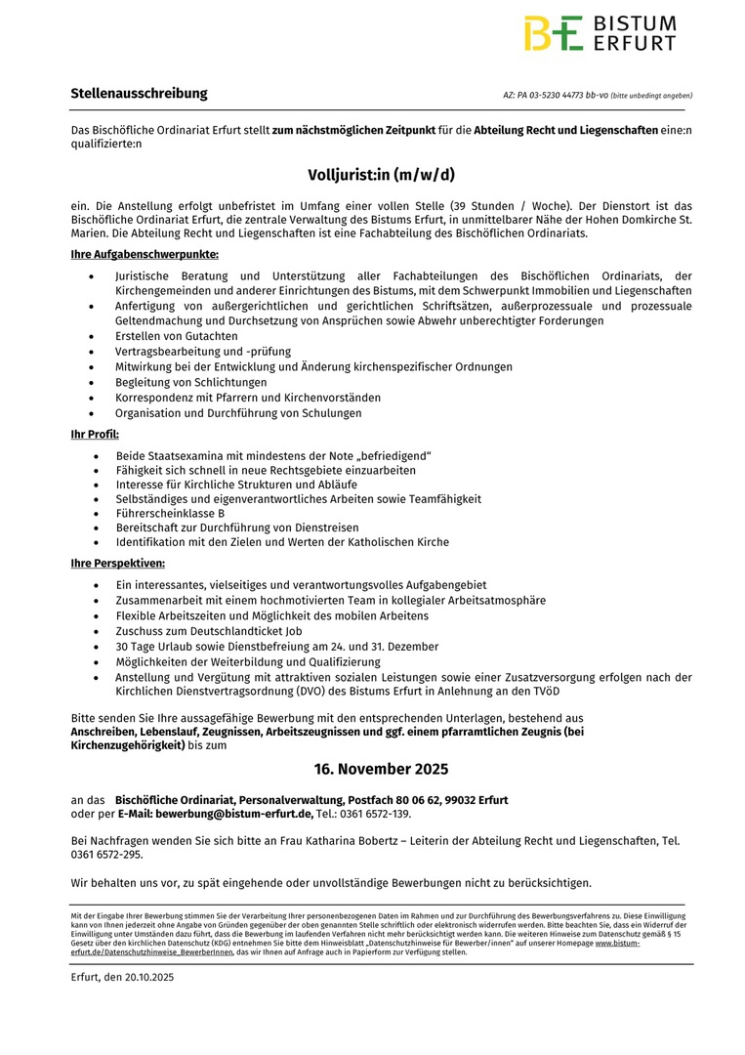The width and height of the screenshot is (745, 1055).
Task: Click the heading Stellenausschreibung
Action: point(139,94)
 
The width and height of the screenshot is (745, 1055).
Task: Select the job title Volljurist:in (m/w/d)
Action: point(382,176)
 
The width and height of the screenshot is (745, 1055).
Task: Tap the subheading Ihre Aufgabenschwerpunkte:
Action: point(145,254)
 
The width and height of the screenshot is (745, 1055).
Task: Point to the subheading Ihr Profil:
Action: point(95,433)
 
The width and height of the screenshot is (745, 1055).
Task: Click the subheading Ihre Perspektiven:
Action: point(117,563)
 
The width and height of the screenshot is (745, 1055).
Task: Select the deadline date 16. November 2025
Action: point(382,770)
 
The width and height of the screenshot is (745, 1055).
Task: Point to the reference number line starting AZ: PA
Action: point(598,96)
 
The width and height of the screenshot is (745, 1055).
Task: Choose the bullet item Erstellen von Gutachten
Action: point(176,336)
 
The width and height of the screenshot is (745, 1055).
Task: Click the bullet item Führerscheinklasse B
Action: point(170,513)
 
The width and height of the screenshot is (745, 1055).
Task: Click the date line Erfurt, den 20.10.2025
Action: point(122,977)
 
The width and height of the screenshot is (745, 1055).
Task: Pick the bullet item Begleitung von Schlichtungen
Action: point(191,382)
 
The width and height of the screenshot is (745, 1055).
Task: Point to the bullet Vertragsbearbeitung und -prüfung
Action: point(203,351)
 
